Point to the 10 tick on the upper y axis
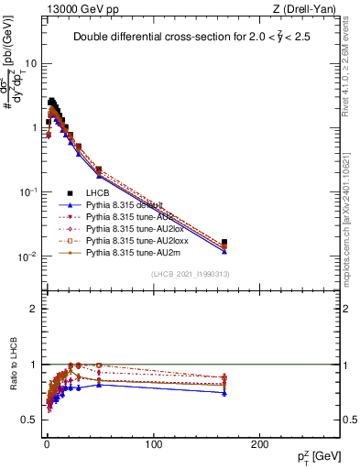[30, 64]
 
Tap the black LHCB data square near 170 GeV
[224, 243]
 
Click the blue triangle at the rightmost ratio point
[224, 392]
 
